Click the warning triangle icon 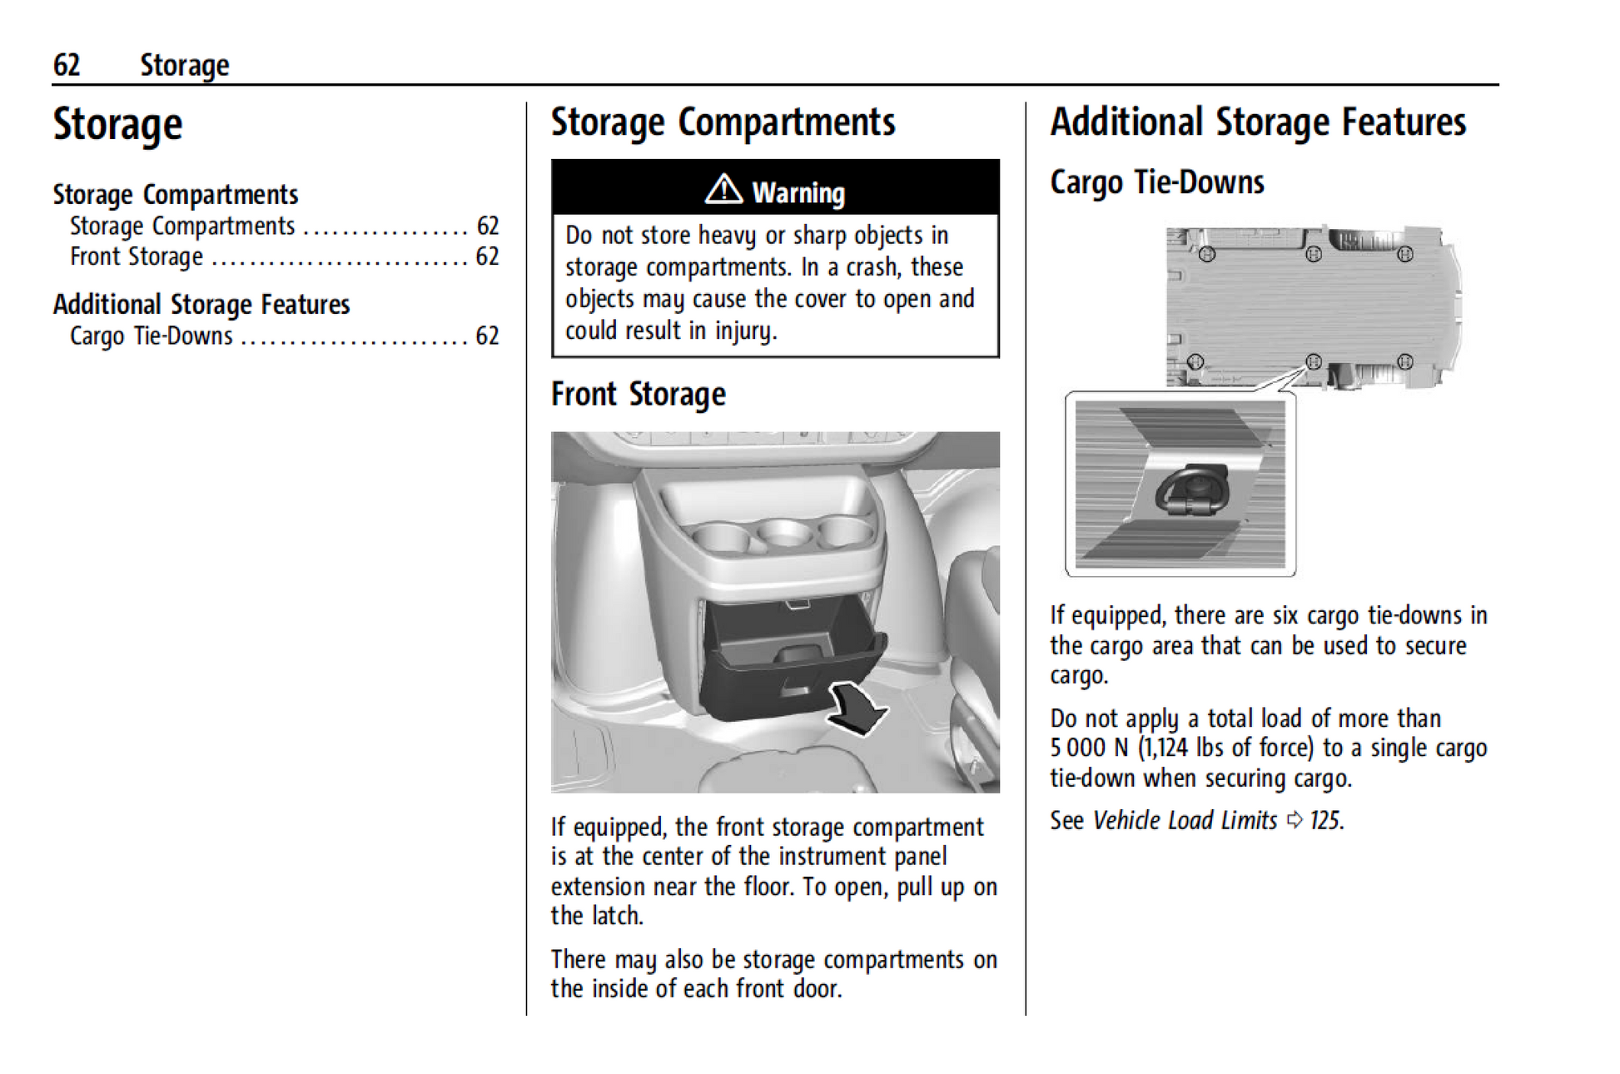coord(723,190)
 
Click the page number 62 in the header coord(67,65)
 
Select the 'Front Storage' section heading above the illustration coord(638,395)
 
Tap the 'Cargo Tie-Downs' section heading coord(1156,182)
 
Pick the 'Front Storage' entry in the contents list coord(137,256)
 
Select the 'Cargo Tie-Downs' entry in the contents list coord(152,336)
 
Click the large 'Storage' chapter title coord(117,125)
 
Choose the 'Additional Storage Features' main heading coord(1257,122)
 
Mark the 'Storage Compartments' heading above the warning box coord(723,122)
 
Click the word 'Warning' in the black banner coord(798,193)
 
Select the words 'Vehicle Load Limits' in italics coord(1184,821)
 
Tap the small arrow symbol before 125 coord(1294,821)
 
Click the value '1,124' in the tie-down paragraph coord(1166,748)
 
